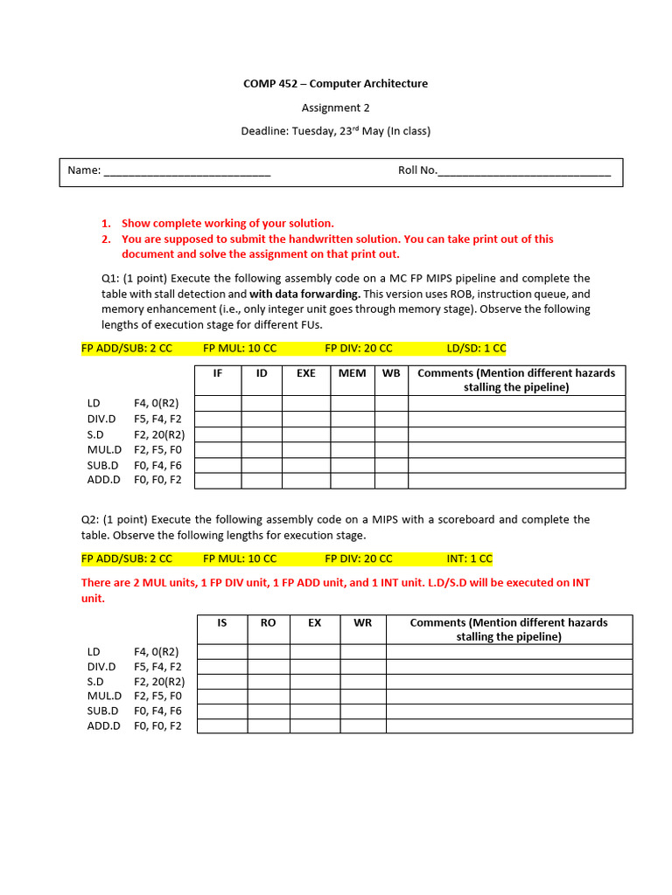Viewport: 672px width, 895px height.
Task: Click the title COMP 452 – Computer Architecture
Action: tap(336, 84)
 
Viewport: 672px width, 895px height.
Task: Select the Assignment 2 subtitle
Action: tap(336, 108)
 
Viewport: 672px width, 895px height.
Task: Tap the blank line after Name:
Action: tap(187, 171)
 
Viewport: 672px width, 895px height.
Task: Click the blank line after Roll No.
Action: tap(524, 171)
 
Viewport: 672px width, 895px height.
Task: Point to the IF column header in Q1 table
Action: tap(218, 373)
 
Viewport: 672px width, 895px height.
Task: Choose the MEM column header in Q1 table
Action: tap(353, 373)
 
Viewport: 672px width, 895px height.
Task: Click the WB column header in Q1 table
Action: tap(391, 373)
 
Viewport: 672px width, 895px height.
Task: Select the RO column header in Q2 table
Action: tap(269, 622)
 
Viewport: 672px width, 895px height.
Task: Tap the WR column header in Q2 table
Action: tap(363, 622)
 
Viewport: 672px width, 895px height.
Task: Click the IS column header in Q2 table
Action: tap(222, 622)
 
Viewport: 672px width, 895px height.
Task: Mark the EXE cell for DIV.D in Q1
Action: tap(306, 419)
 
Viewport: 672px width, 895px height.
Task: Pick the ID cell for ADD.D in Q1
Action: tap(262, 481)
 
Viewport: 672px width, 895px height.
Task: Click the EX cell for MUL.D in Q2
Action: tap(315, 697)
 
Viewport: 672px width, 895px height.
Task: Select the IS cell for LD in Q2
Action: tap(222, 652)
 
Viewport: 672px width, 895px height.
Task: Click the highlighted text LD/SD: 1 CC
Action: tap(476, 348)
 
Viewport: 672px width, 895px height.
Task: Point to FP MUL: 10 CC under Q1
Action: tap(240, 348)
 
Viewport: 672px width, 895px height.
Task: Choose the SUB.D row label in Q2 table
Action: tap(103, 711)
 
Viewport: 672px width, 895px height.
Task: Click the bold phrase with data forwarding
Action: tap(304, 294)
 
